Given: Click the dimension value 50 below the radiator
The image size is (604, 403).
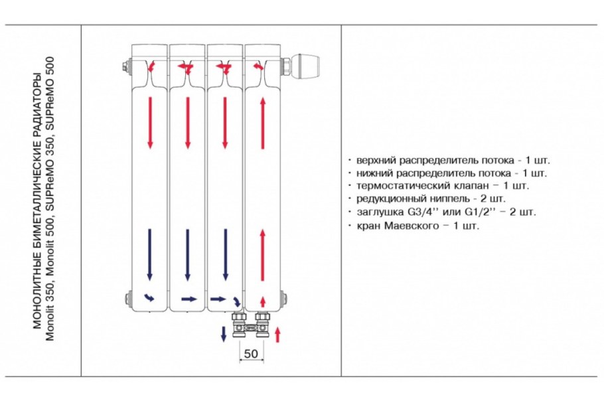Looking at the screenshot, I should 250,353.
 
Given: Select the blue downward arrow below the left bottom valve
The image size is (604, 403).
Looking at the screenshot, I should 224,334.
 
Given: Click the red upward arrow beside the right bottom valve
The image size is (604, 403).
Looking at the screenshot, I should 277,334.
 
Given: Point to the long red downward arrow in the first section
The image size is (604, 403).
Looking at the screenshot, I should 150,122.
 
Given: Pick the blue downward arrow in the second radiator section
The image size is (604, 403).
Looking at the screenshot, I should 188,254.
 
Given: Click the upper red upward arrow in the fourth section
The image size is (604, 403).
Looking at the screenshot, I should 263,122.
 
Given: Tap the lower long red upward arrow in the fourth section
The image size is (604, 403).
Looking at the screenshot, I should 263,254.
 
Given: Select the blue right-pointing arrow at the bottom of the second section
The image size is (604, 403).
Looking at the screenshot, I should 189,299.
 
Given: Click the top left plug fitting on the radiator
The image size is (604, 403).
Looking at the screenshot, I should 124,67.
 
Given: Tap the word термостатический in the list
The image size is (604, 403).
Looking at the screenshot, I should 396,186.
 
